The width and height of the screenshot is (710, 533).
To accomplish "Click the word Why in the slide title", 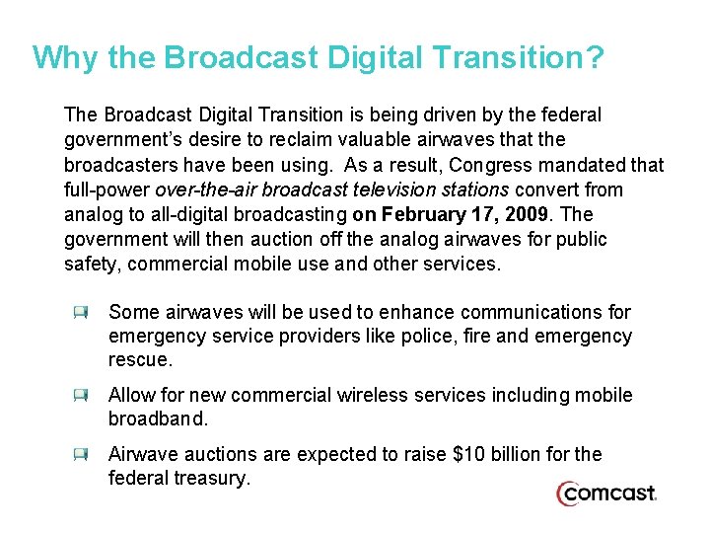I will [x=66, y=57].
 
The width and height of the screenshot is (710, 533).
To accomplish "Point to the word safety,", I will [x=93, y=264].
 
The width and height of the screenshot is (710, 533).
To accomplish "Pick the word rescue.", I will [x=140, y=360].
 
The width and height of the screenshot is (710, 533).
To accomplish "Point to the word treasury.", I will [x=215, y=479].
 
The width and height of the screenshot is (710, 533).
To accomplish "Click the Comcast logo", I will [x=605, y=494].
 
